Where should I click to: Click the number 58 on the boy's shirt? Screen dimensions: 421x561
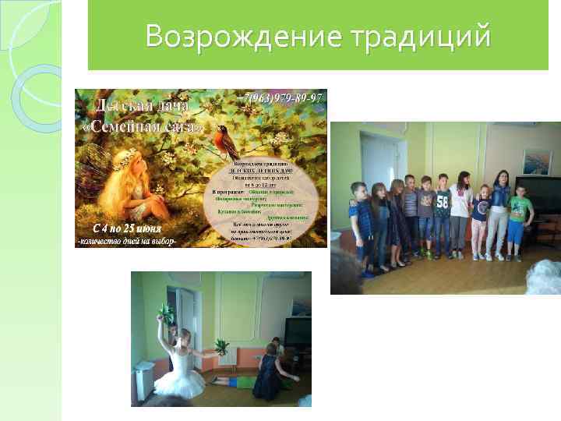tap(442, 201)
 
